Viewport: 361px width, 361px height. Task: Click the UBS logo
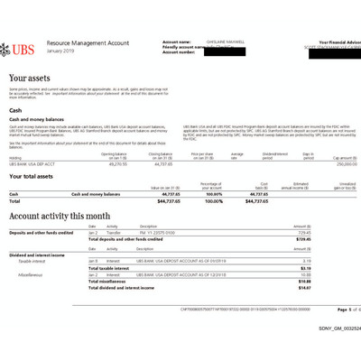[x=25, y=46]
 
